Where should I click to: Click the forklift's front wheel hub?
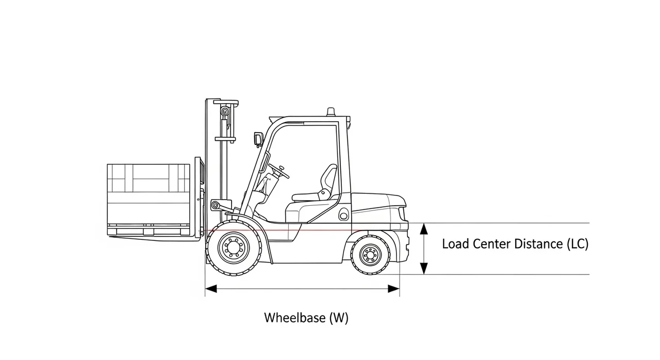click(x=234, y=249)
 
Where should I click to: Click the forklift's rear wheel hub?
click(x=370, y=254)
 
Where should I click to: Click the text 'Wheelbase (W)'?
click(x=306, y=318)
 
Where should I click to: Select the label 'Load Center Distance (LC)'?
click(x=515, y=244)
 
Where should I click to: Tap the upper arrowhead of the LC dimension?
click(x=424, y=228)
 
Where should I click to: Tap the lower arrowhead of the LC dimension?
click(x=424, y=269)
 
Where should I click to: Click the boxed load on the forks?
click(x=148, y=193)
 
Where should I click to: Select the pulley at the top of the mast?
click(x=225, y=111)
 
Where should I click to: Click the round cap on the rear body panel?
click(x=343, y=214)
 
